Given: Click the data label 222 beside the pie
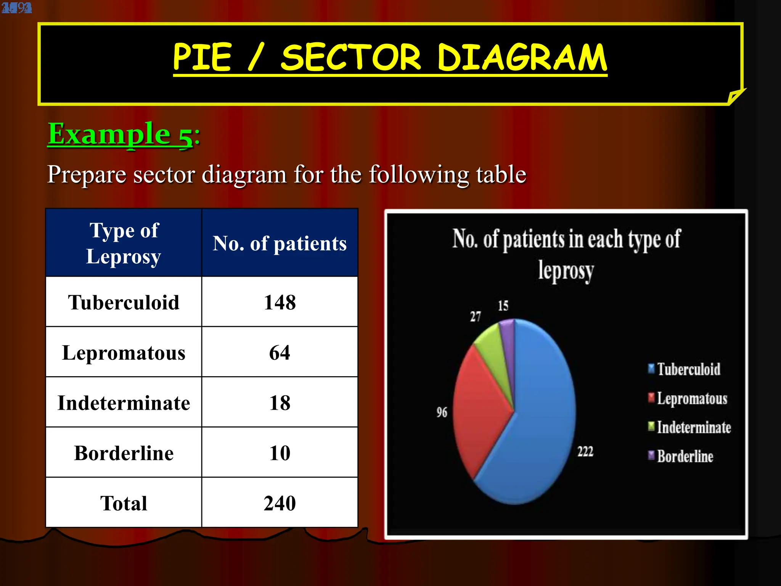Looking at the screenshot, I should click(x=585, y=452).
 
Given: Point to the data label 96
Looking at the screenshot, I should click(x=442, y=412).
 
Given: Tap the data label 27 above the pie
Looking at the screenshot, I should click(x=475, y=316).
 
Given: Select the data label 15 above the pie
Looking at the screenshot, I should click(x=503, y=306).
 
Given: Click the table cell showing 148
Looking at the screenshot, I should click(x=280, y=302).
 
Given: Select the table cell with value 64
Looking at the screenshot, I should click(x=280, y=353).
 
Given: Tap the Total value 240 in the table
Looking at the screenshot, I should click(x=280, y=503).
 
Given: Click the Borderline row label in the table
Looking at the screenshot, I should click(x=124, y=453).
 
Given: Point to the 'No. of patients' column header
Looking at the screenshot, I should click(x=280, y=243).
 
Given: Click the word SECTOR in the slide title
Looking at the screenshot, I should click(x=350, y=58).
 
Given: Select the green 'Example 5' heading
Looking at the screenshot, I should click(x=121, y=134).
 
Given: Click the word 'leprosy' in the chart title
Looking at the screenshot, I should click(x=566, y=271).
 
